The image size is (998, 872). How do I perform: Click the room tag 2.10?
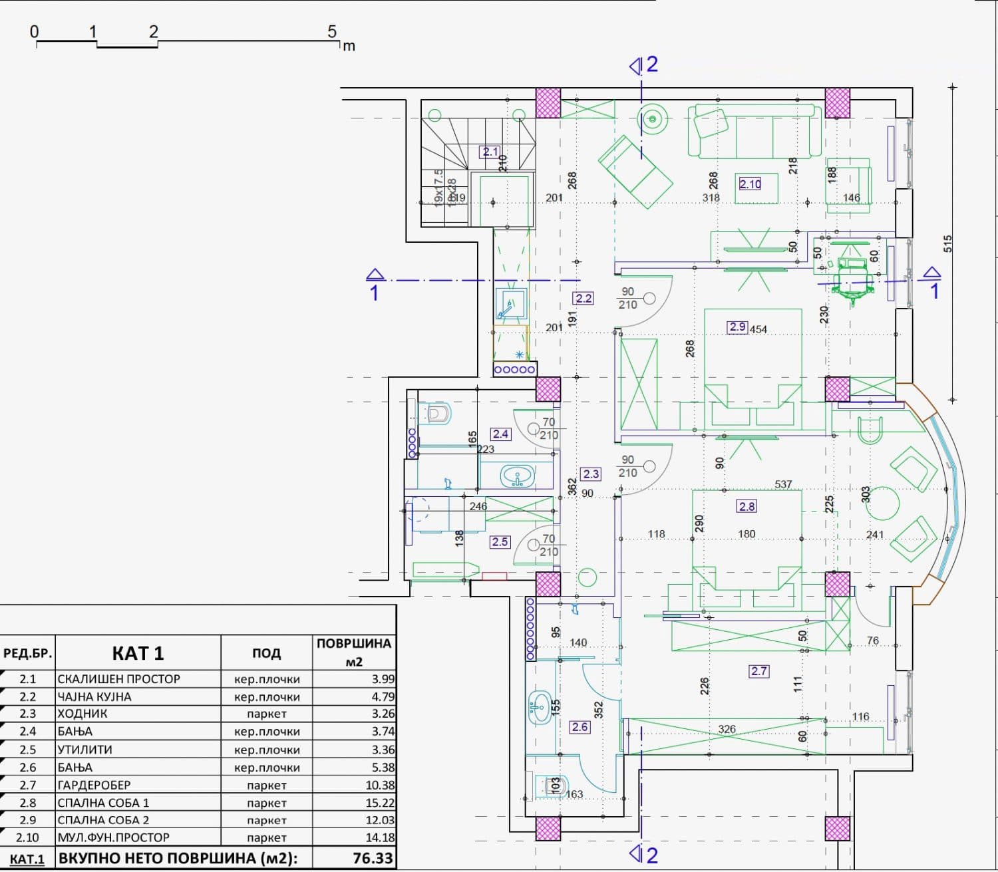pyautogui.click(x=750, y=184)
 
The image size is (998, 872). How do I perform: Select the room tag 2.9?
pyautogui.click(x=737, y=327)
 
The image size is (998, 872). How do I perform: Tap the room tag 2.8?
pyautogui.click(x=747, y=506)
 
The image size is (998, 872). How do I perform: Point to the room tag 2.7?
pyautogui.click(x=759, y=671)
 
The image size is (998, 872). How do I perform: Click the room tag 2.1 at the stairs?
pyautogui.click(x=490, y=152)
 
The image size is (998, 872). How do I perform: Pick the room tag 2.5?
pyautogui.click(x=500, y=541)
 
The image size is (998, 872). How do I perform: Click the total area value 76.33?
pyautogui.click(x=373, y=858)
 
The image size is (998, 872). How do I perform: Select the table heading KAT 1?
pyautogui.click(x=138, y=653)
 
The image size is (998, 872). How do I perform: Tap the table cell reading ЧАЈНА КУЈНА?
pyautogui.click(x=94, y=696)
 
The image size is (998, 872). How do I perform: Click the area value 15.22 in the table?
pyautogui.click(x=380, y=803)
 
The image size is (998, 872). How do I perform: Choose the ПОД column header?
pyautogui.click(x=266, y=653)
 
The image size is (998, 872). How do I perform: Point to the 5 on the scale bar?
pyautogui.click(x=332, y=32)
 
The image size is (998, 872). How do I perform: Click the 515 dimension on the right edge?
pyautogui.click(x=948, y=243)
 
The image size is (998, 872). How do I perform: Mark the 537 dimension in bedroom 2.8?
pyautogui.click(x=783, y=484)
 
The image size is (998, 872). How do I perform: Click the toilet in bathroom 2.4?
pyautogui.click(x=436, y=414)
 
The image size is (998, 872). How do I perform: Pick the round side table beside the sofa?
pyautogui.click(x=653, y=120)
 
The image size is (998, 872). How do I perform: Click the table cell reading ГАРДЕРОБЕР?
pyautogui.click(x=94, y=785)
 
